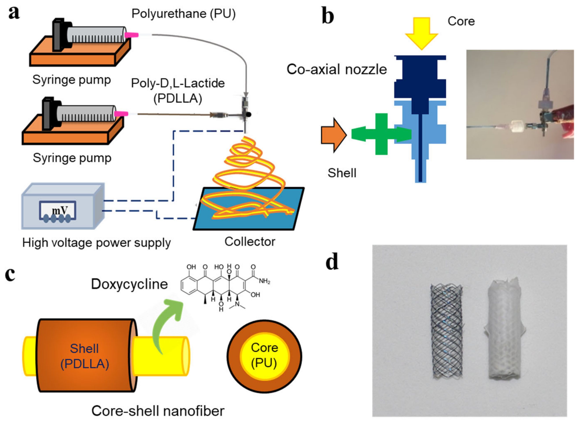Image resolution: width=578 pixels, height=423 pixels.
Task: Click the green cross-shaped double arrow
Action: click(381, 134)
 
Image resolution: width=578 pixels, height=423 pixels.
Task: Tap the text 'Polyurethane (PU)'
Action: click(183, 14)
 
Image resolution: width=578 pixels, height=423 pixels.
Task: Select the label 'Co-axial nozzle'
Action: click(337, 69)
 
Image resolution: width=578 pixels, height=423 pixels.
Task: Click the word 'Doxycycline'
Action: click(129, 284)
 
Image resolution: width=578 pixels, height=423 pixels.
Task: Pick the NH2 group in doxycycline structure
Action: click(264, 281)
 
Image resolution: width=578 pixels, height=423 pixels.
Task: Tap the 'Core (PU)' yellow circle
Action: click(264, 356)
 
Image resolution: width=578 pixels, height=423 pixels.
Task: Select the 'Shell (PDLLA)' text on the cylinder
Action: click(85, 356)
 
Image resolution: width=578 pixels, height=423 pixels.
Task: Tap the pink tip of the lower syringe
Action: click(121, 113)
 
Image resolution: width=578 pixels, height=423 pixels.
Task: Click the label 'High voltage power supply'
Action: click(96, 243)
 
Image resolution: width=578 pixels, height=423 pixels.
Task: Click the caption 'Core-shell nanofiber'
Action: click(158, 411)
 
